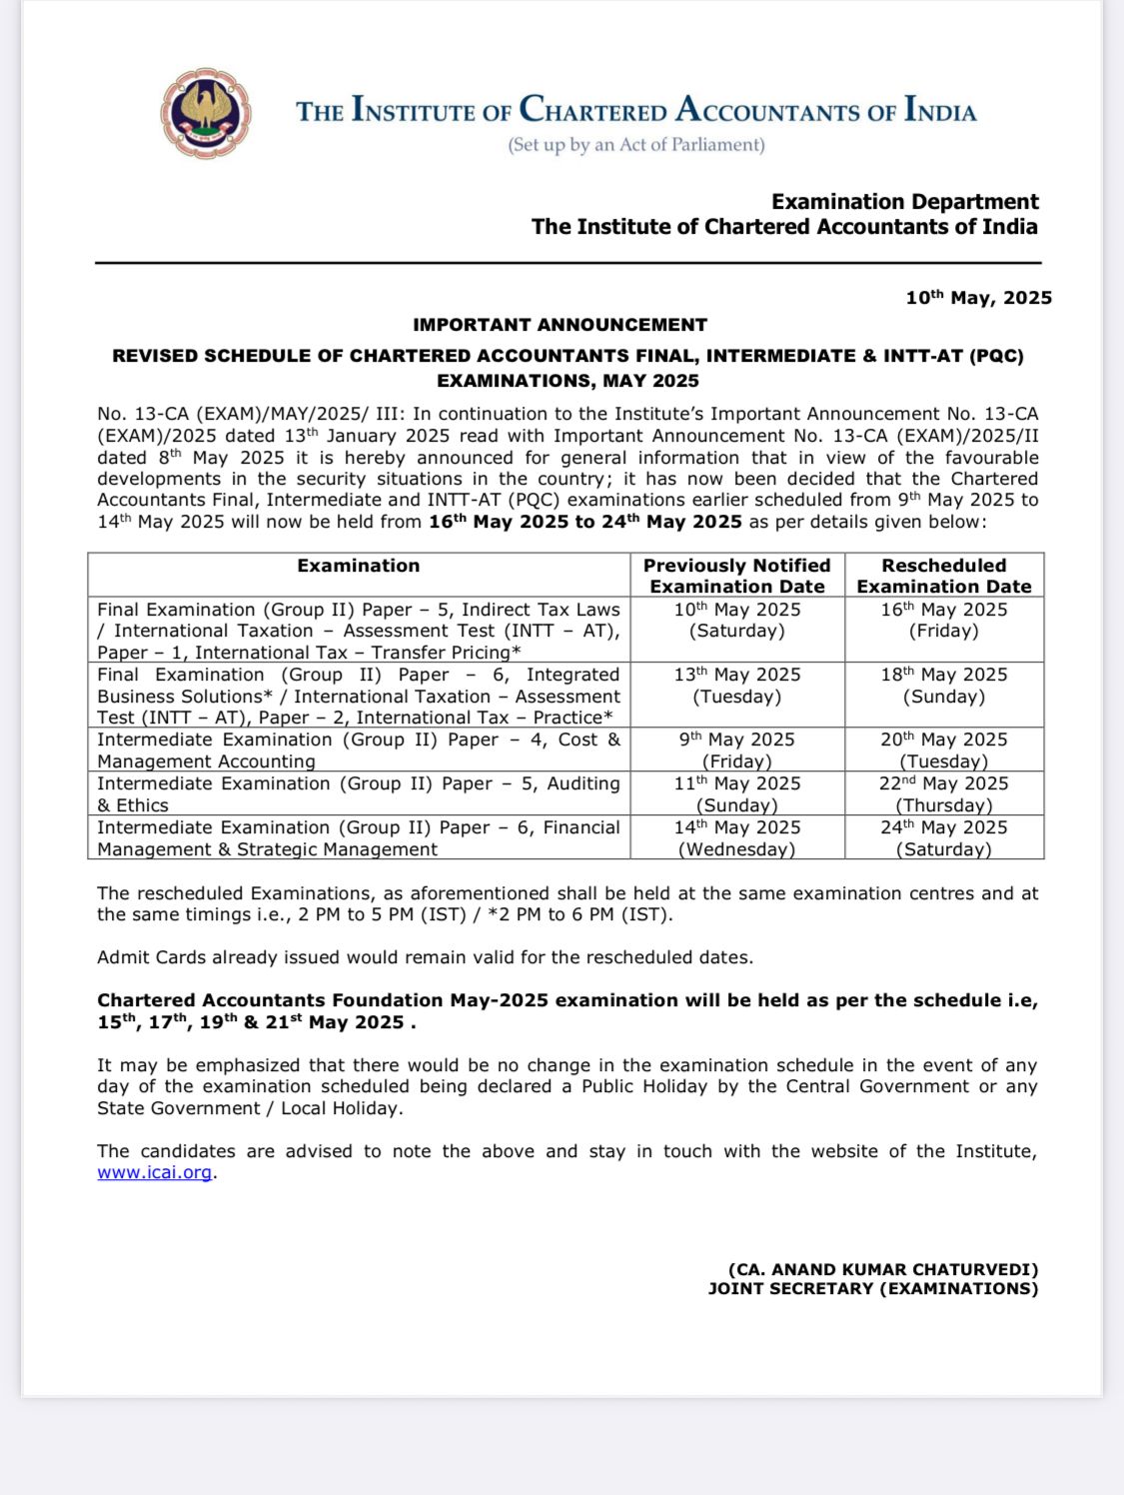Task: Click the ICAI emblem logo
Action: coord(205,113)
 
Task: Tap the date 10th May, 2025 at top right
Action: coord(978,297)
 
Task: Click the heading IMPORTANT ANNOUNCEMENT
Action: coord(560,325)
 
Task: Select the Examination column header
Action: coord(359,566)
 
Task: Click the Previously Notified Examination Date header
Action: coord(737,576)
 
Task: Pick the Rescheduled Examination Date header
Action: coord(944,576)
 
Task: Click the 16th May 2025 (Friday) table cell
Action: coord(944,620)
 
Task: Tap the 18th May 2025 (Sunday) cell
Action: coord(944,685)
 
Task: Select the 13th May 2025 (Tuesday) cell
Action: coord(737,685)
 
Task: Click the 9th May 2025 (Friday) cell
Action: coord(737,749)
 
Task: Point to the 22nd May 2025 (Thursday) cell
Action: coord(944,793)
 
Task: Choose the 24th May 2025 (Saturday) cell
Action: coord(944,837)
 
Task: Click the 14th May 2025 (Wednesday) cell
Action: coord(737,837)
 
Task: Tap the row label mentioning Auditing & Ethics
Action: coord(359,793)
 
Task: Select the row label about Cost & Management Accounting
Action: coord(359,749)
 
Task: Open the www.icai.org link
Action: coord(155,1172)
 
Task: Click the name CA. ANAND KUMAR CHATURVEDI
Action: coord(883,1269)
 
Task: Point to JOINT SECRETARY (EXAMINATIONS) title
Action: coord(873,1289)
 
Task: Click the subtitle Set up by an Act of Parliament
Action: coord(636,145)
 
